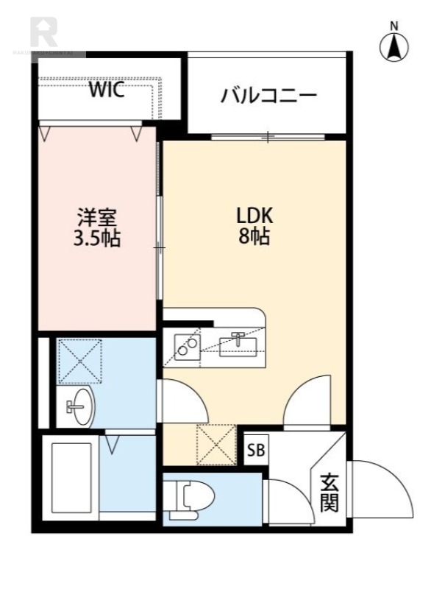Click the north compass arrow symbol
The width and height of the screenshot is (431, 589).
394,47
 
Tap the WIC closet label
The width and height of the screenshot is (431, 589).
107,91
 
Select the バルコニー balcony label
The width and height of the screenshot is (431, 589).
268,96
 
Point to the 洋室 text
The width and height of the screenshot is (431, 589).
98,218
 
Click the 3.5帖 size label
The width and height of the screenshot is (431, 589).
98,239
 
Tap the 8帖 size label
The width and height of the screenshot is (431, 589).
254,237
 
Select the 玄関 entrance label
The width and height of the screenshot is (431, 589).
329,493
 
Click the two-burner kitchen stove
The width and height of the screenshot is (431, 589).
187,346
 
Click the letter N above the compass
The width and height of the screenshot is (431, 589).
394,26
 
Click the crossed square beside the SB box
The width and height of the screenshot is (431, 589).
216,445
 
